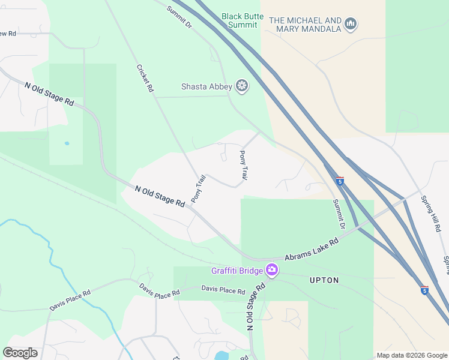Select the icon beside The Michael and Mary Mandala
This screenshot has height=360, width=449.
point(351,24)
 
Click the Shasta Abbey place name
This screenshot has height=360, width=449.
point(206,87)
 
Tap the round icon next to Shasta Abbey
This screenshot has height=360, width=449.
point(242,87)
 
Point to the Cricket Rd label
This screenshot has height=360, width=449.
point(146,79)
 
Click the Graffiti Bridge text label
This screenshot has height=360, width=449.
point(237,271)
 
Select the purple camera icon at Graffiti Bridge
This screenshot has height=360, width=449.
point(272,270)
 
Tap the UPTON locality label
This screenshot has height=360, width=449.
point(324,280)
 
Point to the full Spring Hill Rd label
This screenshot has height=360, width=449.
point(430,214)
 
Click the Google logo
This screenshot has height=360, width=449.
point(20,353)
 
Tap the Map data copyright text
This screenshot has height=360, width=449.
point(412,355)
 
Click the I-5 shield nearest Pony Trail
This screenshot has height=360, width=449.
point(340,181)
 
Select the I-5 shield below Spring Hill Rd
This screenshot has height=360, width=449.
point(424,290)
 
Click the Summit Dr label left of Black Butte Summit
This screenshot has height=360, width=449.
point(179,18)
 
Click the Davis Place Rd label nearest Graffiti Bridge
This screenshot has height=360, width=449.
point(223,290)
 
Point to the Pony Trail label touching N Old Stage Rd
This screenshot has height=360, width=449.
point(198,188)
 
